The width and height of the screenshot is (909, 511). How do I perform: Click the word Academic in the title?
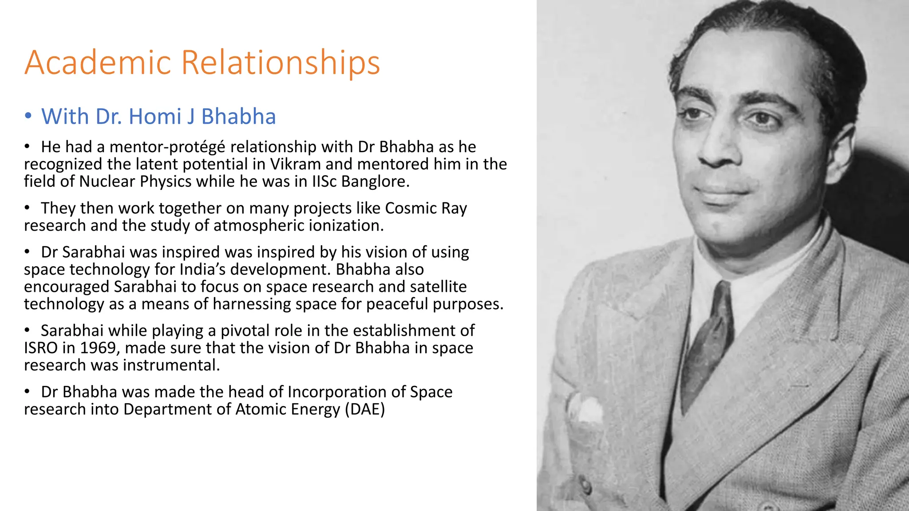point(98,63)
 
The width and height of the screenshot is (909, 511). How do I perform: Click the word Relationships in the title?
point(281,63)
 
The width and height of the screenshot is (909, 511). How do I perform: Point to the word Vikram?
point(295,164)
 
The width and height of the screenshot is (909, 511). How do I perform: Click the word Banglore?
point(375,181)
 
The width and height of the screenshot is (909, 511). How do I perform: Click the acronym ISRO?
point(40,348)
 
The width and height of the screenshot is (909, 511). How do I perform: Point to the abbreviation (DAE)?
point(365,409)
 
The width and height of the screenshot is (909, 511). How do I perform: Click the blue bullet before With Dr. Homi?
point(28,116)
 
